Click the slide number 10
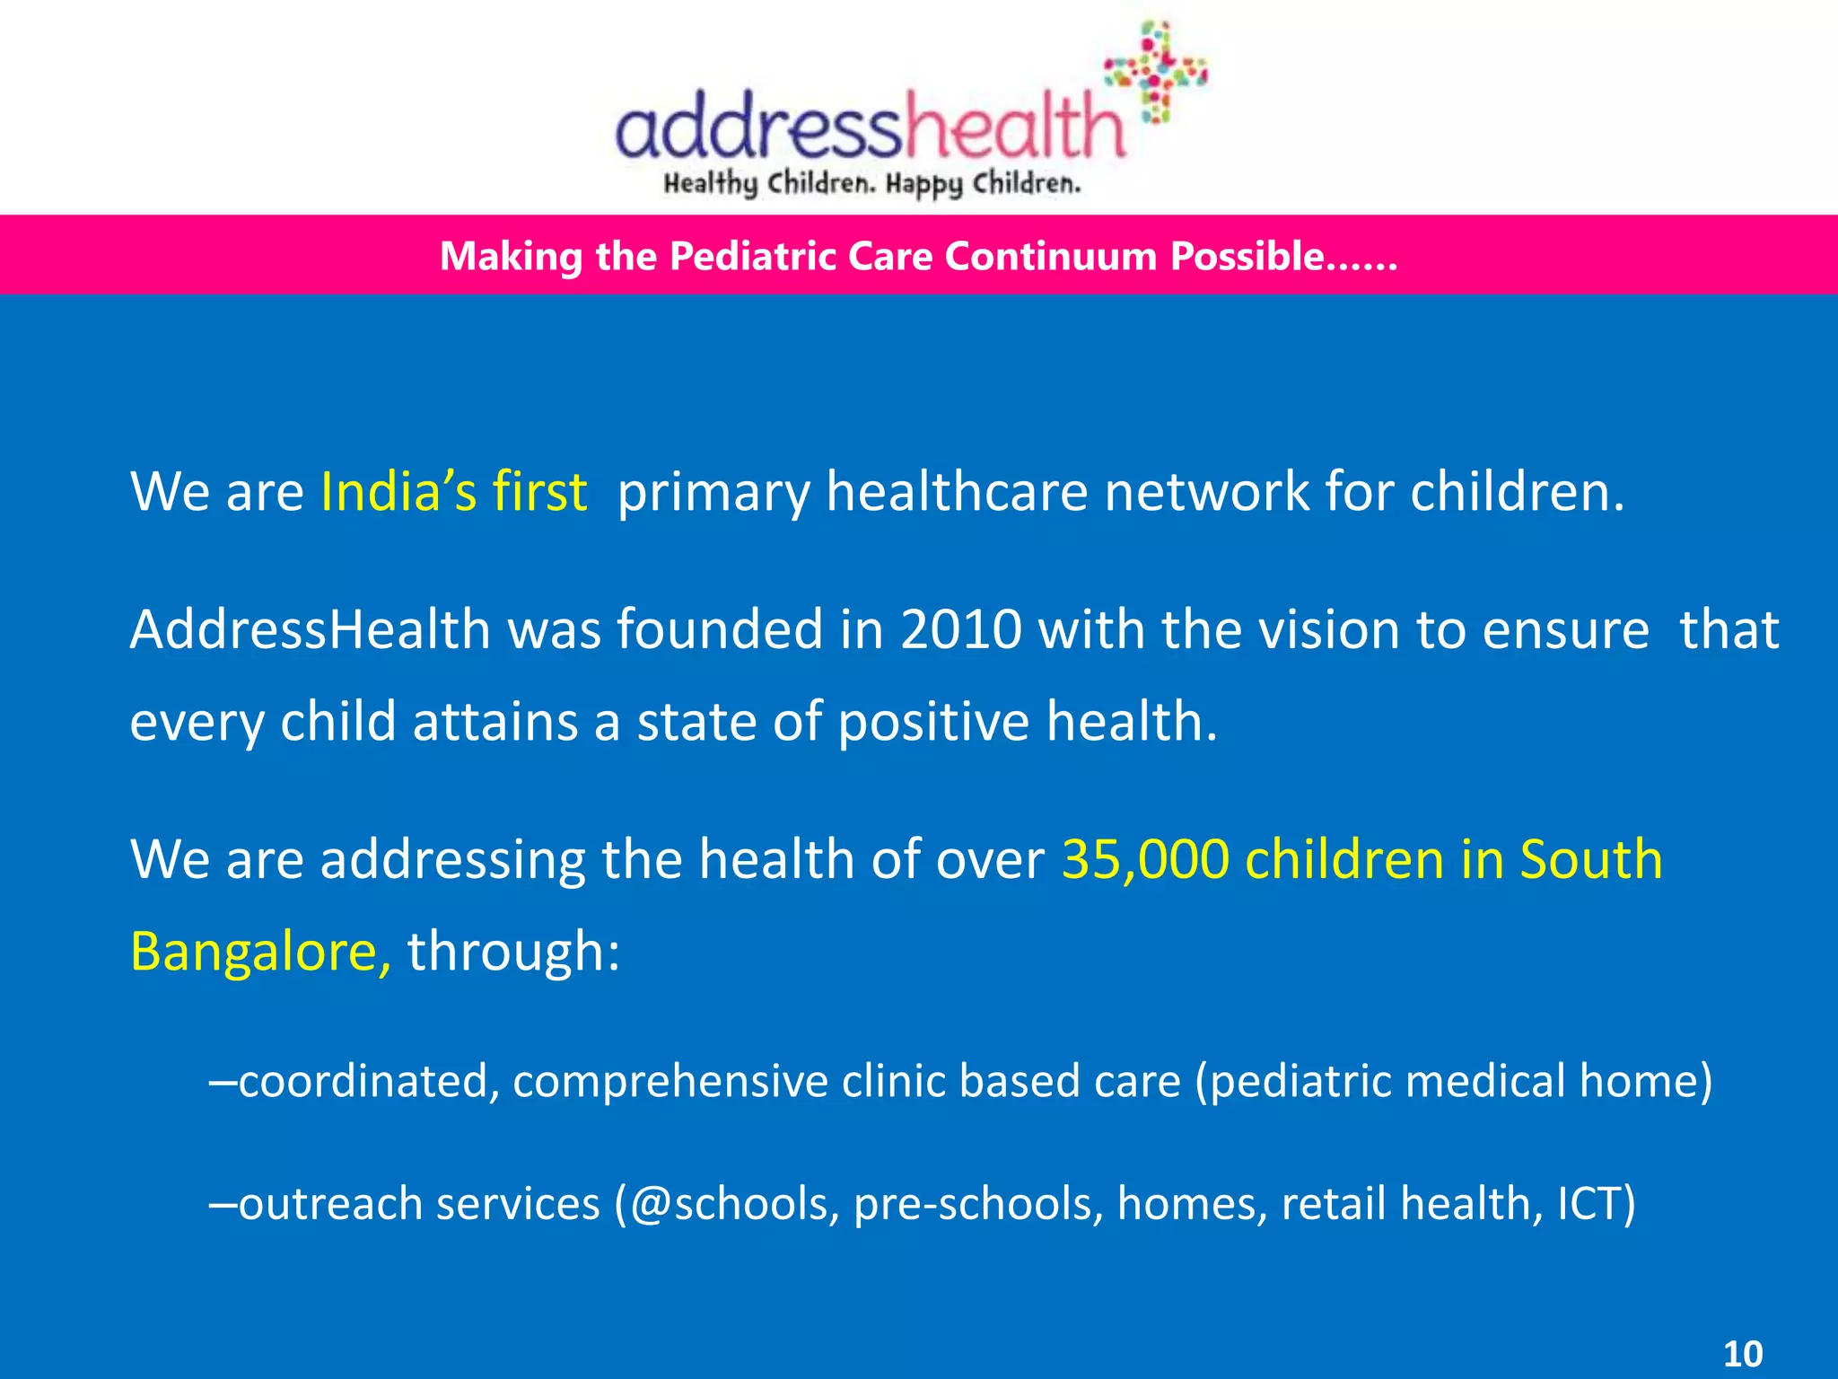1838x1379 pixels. (x=1743, y=1353)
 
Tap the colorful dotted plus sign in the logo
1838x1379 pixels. (x=1157, y=72)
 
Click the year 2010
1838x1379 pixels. (x=961, y=629)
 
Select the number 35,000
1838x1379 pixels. (x=1145, y=859)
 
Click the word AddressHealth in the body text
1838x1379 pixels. (x=310, y=629)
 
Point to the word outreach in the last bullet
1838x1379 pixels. (x=329, y=1203)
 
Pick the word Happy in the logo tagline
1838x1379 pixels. (x=923, y=185)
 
